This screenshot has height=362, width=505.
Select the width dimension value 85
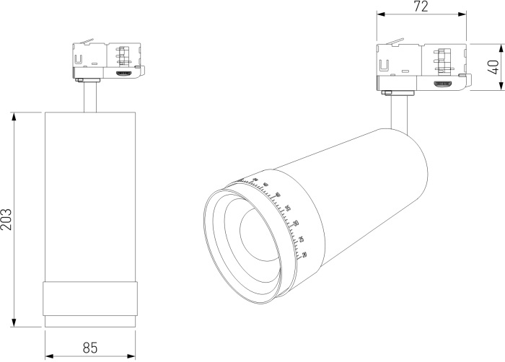pos(90,347)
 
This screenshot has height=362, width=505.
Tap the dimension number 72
pos(422,6)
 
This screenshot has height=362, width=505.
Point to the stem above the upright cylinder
pos(90,97)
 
